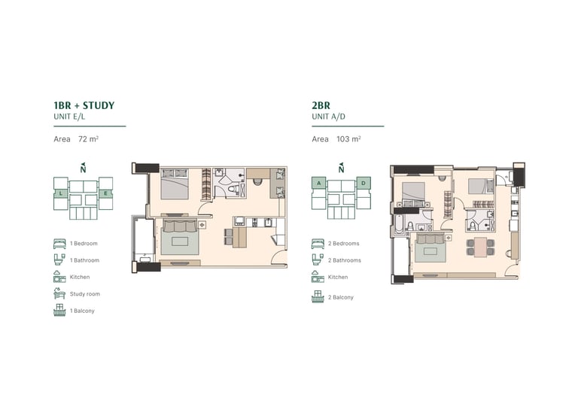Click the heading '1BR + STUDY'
pos(84,105)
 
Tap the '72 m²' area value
pos(88,139)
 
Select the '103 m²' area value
pos(348,139)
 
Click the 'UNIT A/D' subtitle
pos(328,117)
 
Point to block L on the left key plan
pos(61,193)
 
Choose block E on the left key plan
pos(105,193)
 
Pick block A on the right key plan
pos(319,183)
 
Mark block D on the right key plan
pos(364,183)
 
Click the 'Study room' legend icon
pos(59,293)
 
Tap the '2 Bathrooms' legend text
pos(344,260)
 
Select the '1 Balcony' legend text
pos(82,311)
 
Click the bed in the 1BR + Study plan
pos(175,184)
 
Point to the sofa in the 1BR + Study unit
pos(180,226)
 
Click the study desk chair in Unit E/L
pos(257,181)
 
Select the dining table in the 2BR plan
pos(480,247)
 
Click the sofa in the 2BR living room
pos(431,238)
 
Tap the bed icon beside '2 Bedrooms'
pos(318,244)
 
